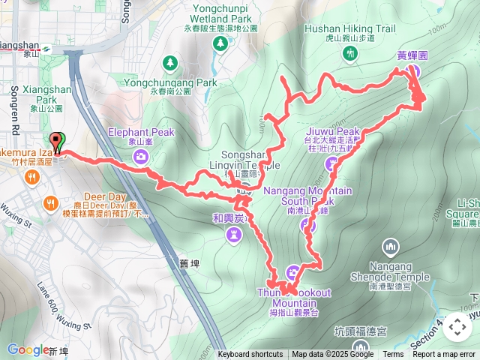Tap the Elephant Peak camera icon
pos(141,155)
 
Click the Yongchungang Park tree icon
pos(172,62)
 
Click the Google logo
pos(28,349)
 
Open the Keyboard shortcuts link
pos(250,355)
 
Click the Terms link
pos(393,355)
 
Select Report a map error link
pos(444,355)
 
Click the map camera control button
pos(456,327)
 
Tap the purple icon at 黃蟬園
pos(411,70)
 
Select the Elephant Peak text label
pos(141,131)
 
